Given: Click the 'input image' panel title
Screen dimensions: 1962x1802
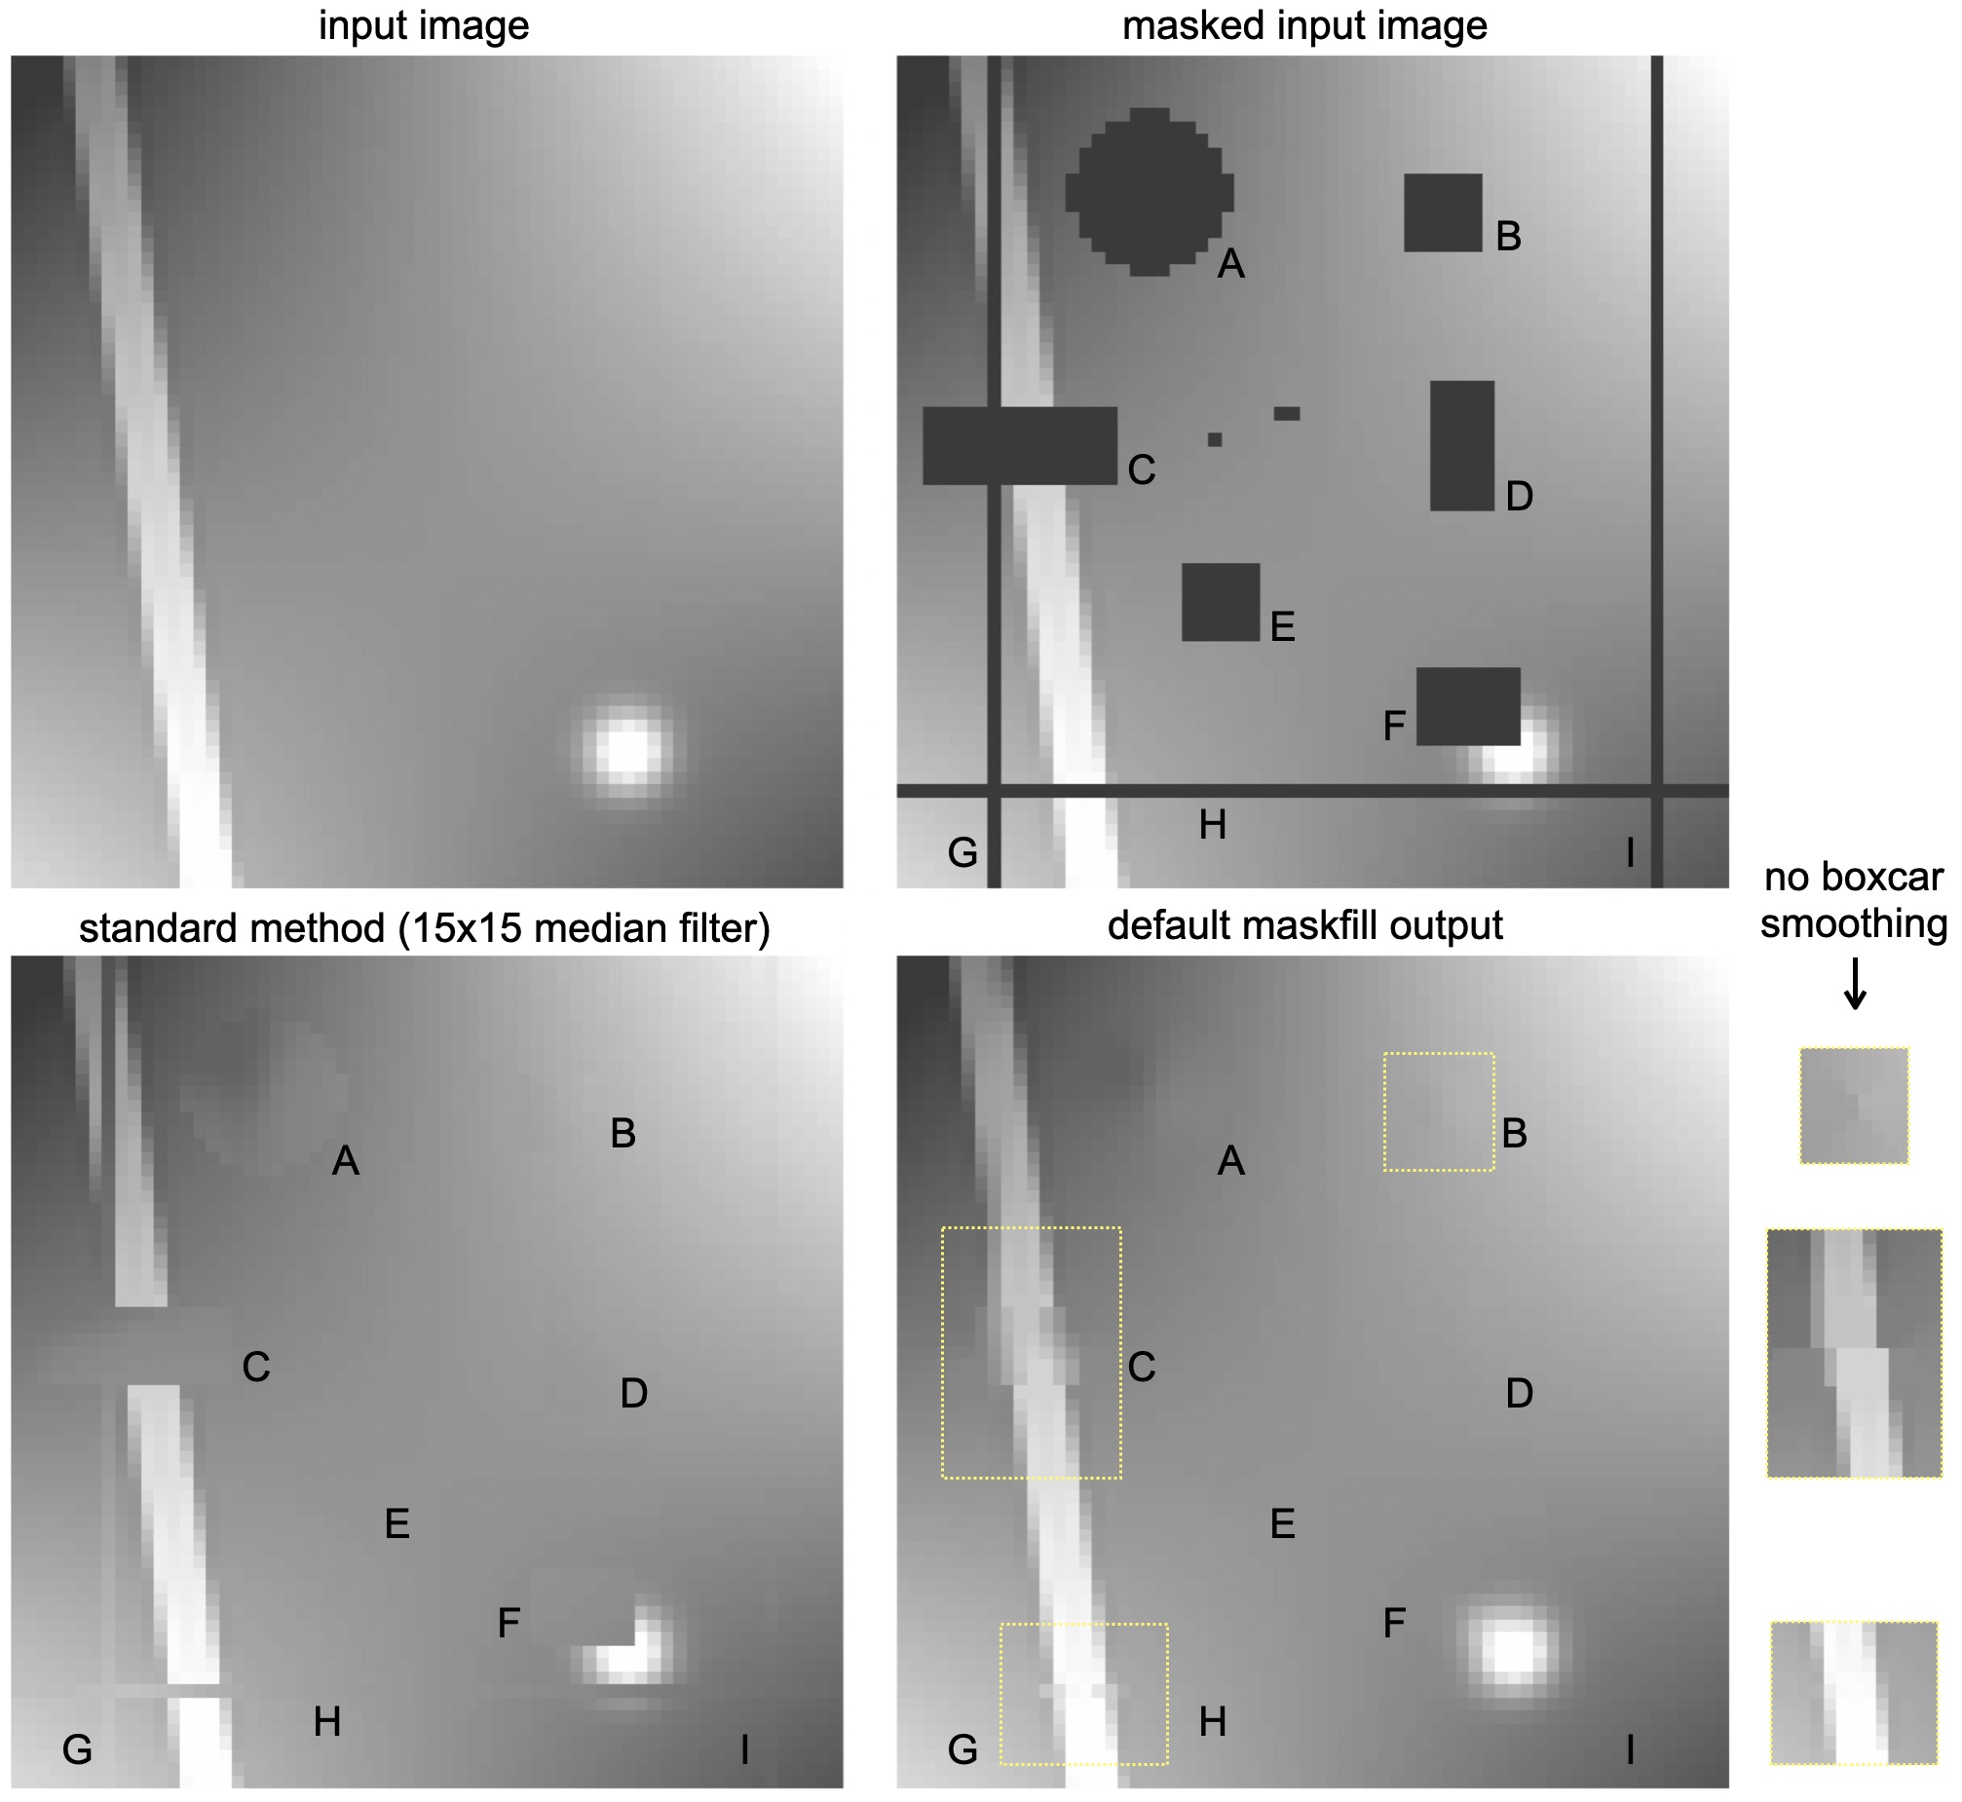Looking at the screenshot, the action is pos(424,25).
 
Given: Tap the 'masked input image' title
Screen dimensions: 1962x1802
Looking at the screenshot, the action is pos(1304,25).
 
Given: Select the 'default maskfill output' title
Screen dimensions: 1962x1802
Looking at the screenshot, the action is pos(1304,925).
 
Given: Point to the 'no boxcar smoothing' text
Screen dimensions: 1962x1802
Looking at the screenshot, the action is pos(1854,900).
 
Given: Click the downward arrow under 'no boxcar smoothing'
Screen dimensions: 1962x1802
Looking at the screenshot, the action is pos(1855,984).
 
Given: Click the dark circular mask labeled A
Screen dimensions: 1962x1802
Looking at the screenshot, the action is pos(1150,192).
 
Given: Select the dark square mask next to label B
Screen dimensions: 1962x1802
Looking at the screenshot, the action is pos(1443,212).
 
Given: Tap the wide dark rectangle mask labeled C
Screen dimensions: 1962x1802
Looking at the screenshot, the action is pos(1020,445).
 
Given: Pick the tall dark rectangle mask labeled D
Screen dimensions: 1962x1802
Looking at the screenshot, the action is pos(1461,445).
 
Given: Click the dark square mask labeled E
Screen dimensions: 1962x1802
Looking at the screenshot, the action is pos(1221,602).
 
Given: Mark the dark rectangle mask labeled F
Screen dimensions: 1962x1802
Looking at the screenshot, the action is pos(1468,706).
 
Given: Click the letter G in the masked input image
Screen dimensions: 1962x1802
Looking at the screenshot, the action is pos(962,852).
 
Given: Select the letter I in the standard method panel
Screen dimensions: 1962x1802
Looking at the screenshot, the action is pos(745,1749).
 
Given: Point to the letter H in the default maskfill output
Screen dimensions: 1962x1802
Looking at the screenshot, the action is pos(1212,1722).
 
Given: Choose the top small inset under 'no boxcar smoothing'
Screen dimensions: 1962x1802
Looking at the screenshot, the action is pos(1854,1106).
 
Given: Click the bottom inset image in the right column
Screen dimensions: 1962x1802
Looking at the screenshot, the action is pos(1854,1708).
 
